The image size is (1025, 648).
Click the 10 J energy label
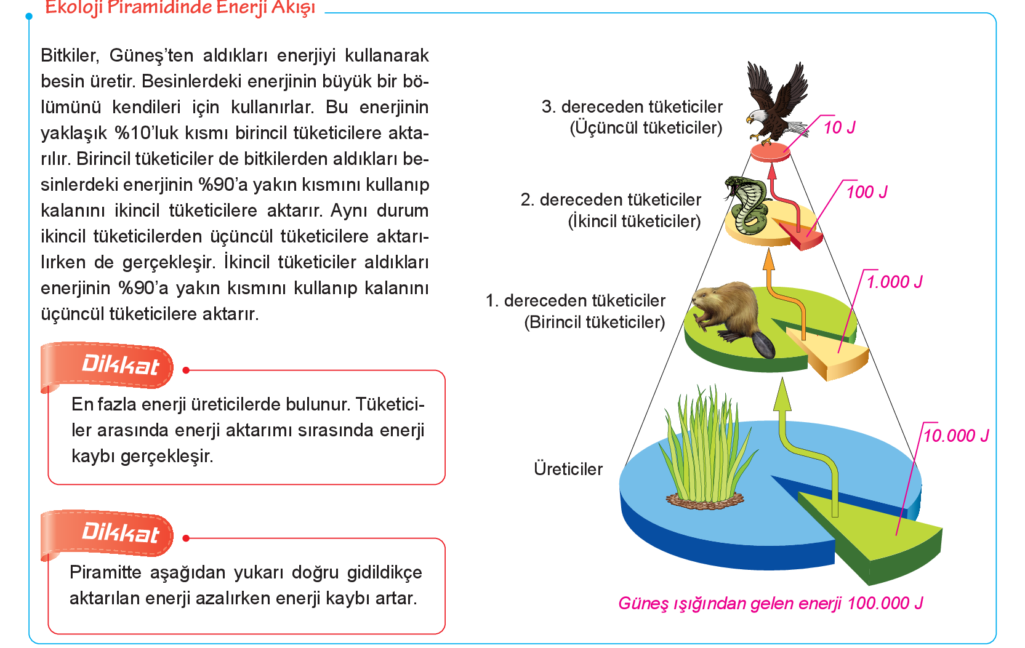[839, 127]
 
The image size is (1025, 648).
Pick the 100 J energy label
[867, 192]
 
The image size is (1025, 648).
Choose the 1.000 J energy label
[894, 282]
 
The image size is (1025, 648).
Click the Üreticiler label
[568, 469]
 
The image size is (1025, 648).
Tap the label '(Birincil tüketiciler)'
[595, 322]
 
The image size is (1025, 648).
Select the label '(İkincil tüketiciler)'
[634, 222]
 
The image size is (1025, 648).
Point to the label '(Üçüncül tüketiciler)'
[646, 127]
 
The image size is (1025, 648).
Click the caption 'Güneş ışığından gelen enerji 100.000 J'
[771, 604]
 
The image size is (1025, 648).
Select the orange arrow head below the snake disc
[769, 260]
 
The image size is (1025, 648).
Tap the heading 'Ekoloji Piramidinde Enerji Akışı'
[180, 8]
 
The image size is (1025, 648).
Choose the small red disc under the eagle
[771, 152]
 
